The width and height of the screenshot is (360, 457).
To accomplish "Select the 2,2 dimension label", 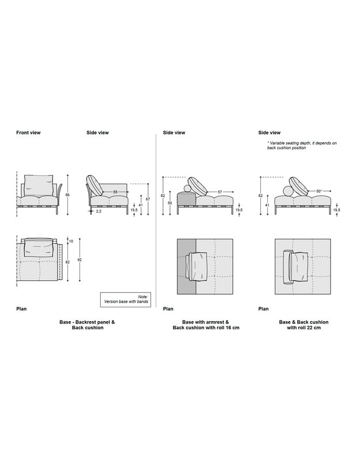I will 98,211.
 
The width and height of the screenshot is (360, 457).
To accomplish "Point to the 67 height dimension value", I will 149,199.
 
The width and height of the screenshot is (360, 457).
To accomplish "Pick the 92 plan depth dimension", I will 80,260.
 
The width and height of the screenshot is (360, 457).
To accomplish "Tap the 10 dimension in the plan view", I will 71,241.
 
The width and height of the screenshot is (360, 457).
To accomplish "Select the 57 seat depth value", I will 219,192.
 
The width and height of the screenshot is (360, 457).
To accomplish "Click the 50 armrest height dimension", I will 170,203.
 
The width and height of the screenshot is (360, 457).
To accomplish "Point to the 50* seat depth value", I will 319,192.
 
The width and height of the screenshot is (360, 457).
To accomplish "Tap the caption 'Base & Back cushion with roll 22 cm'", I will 304,325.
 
